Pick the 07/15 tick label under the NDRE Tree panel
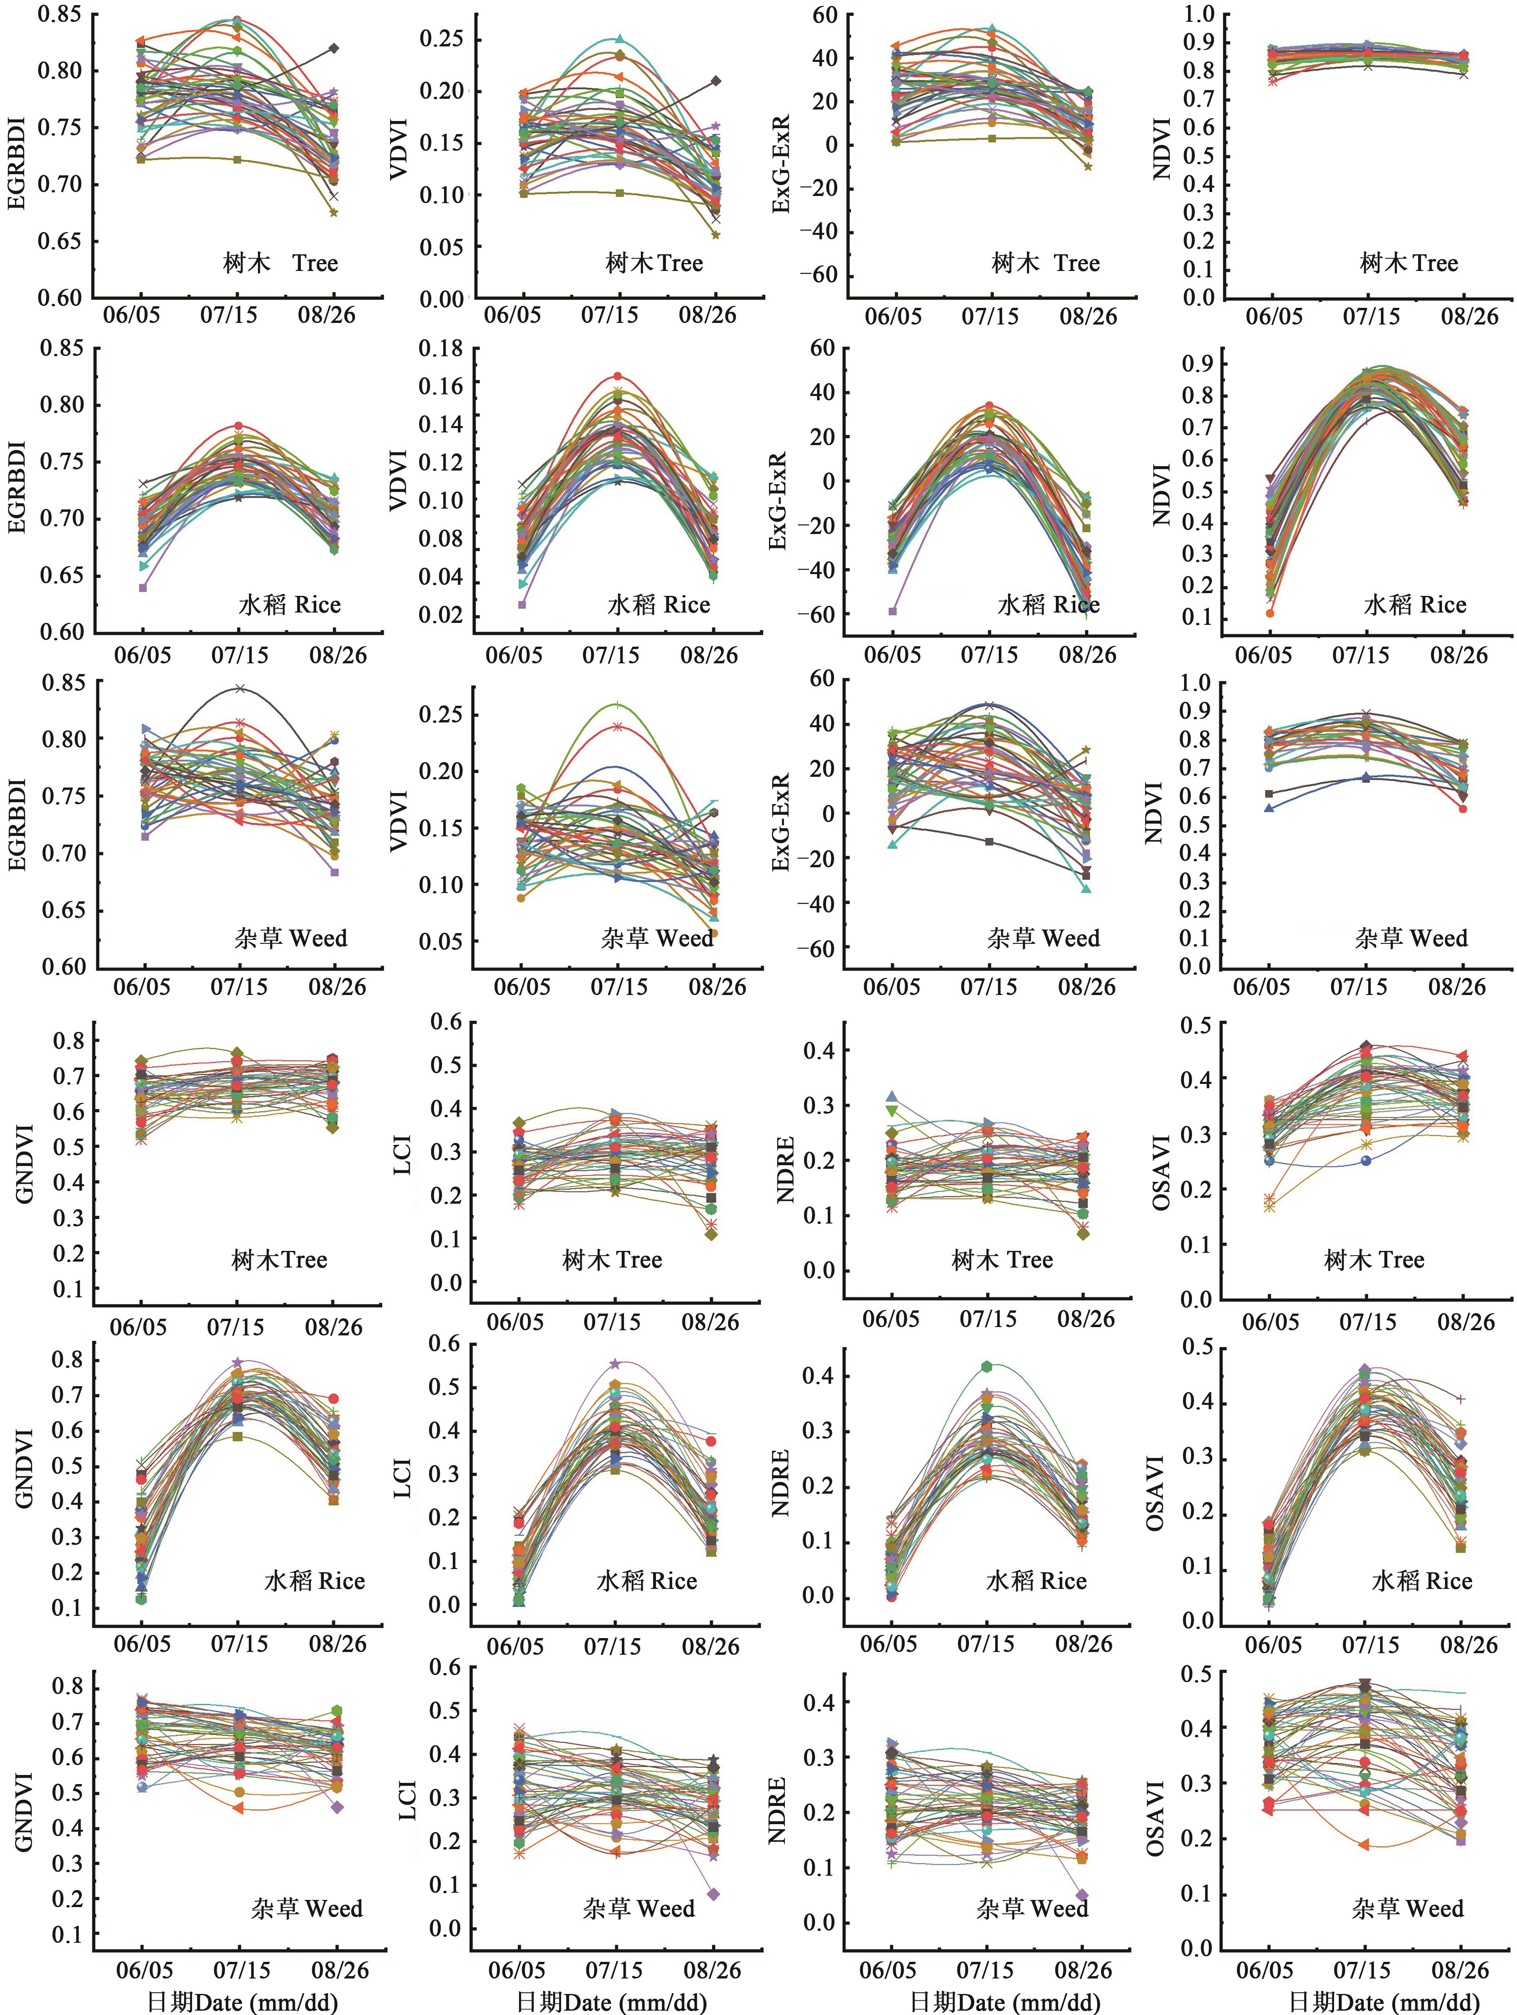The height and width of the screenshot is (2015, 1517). tap(988, 1319)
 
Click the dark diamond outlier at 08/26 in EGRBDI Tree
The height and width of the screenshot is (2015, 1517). tap(335, 48)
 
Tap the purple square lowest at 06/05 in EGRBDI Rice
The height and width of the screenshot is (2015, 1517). tap(143, 588)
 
